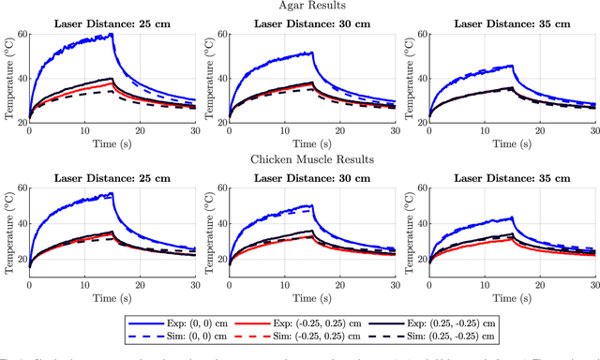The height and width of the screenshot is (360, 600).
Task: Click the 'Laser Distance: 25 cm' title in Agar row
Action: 112,23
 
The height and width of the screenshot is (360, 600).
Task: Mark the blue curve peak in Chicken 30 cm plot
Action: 311,205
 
